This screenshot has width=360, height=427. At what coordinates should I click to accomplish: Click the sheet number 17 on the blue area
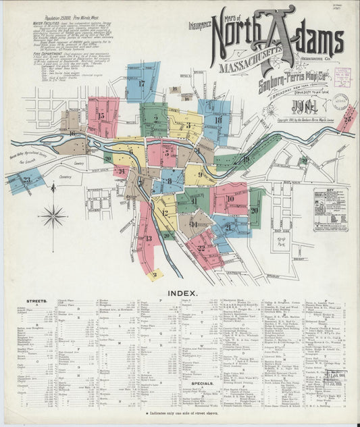coord(142,84)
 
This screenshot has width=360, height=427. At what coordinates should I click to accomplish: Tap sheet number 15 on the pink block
coord(101,116)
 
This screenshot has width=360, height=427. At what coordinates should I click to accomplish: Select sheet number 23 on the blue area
coord(27,180)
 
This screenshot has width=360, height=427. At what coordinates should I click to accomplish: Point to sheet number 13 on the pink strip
coord(148,238)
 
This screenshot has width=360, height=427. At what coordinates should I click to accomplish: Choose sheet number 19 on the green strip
coord(246,159)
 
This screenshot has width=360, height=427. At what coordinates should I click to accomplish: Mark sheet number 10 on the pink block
coord(230,199)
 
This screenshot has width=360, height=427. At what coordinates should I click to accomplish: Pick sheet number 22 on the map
coord(201,248)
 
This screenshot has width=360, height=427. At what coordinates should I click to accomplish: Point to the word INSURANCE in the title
coord(201,27)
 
